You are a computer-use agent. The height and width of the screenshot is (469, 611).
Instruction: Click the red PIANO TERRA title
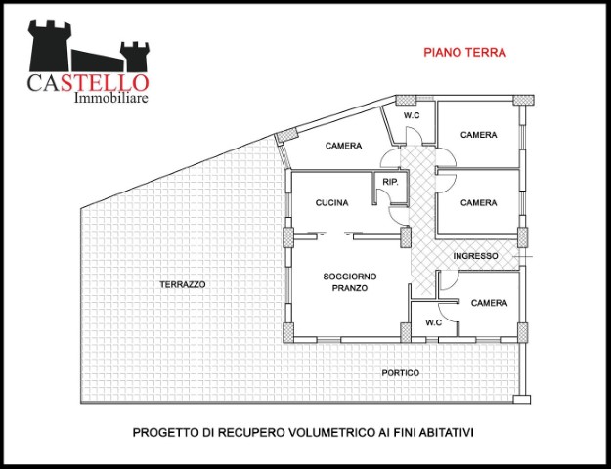[465, 52]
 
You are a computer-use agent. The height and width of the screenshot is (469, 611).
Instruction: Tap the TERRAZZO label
[183, 284]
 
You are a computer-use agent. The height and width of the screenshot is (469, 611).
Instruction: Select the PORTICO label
[401, 373]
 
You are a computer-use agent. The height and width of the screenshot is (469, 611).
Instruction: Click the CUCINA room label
[332, 203]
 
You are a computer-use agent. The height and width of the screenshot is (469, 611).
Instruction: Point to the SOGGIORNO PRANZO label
[350, 282]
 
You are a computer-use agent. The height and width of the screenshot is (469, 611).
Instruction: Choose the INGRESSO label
[475, 256]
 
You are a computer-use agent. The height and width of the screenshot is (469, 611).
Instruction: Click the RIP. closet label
[390, 182]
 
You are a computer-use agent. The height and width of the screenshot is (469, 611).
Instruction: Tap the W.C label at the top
[412, 115]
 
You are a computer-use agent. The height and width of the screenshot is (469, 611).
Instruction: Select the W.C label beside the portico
[434, 322]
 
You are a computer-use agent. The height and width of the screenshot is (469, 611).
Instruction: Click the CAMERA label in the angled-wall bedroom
[344, 146]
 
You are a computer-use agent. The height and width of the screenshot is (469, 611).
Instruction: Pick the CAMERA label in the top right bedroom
[478, 135]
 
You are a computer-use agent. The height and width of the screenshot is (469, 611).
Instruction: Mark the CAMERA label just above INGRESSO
[478, 203]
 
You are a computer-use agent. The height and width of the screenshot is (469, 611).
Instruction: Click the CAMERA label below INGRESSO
[489, 303]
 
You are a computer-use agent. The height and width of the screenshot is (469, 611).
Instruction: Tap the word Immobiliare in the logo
[111, 98]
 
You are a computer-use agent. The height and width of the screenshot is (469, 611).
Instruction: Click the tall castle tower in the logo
[50, 46]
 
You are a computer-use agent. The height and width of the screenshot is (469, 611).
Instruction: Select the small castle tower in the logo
[135, 57]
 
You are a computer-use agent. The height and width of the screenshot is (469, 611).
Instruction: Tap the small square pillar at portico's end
[522, 400]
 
